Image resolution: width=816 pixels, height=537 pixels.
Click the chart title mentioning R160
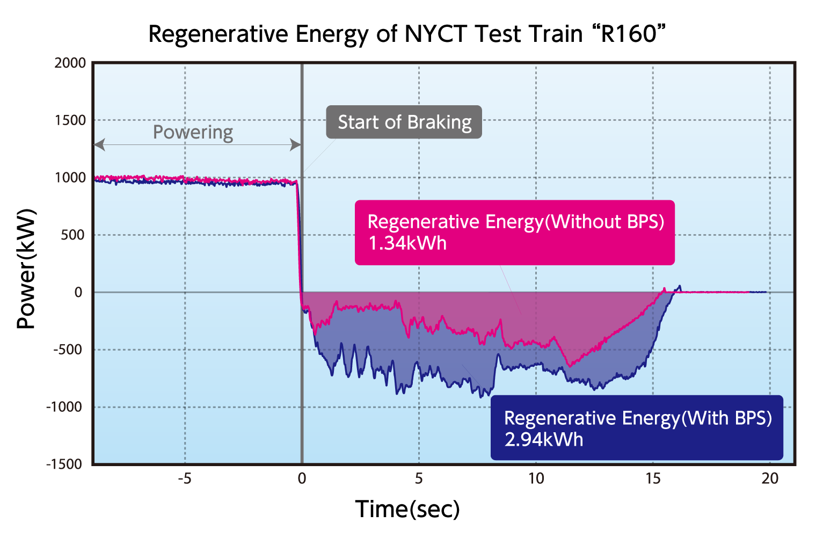[407, 34]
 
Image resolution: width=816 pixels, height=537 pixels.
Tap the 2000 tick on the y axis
[70, 63]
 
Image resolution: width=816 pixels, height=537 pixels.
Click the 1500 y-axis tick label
[70, 120]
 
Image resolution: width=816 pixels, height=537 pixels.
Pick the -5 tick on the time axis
[185, 478]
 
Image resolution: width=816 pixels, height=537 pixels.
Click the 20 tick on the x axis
[770, 478]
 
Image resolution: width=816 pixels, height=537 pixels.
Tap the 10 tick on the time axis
[536, 478]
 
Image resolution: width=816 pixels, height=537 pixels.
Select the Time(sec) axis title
[407, 509]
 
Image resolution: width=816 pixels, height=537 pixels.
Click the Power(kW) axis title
[26, 268]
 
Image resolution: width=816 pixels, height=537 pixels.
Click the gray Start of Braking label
[404, 122]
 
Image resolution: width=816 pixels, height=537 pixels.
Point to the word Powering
[193, 132]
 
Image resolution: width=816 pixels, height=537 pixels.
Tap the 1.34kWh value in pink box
[407, 243]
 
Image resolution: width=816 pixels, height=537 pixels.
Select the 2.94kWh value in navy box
[543, 440]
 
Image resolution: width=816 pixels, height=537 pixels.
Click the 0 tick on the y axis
[78, 292]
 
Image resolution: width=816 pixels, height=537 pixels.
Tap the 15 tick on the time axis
[653, 478]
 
